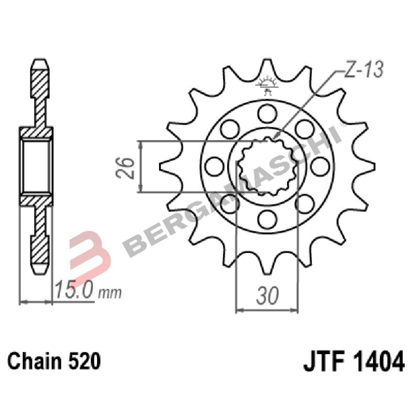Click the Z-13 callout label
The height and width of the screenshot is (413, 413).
[363, 71]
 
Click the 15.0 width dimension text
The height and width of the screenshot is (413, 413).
[74, 291]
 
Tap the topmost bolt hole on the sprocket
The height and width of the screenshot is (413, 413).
[267, 112]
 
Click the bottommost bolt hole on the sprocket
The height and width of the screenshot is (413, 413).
[267, 219]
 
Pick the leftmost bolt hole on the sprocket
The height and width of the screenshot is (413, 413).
[213, 166]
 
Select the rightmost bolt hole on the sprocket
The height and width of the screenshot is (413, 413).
[321, 166]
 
